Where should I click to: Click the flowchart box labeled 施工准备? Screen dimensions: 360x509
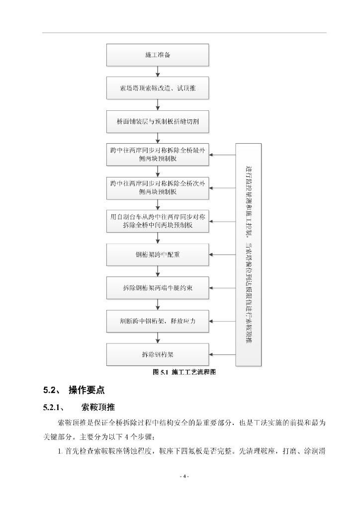158,55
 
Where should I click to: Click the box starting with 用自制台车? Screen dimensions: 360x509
158,221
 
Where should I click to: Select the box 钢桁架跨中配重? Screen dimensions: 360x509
158,254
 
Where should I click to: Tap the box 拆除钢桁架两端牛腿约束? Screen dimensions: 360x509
158,288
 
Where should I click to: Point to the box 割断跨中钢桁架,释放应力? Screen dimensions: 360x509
158,321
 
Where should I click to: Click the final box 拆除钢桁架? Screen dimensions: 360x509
158,354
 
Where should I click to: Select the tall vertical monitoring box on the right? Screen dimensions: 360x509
248,254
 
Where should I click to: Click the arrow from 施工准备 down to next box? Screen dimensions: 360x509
158,72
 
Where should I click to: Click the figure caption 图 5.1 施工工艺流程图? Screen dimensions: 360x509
184,372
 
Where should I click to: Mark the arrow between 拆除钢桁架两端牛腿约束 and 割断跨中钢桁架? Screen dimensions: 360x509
158,305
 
